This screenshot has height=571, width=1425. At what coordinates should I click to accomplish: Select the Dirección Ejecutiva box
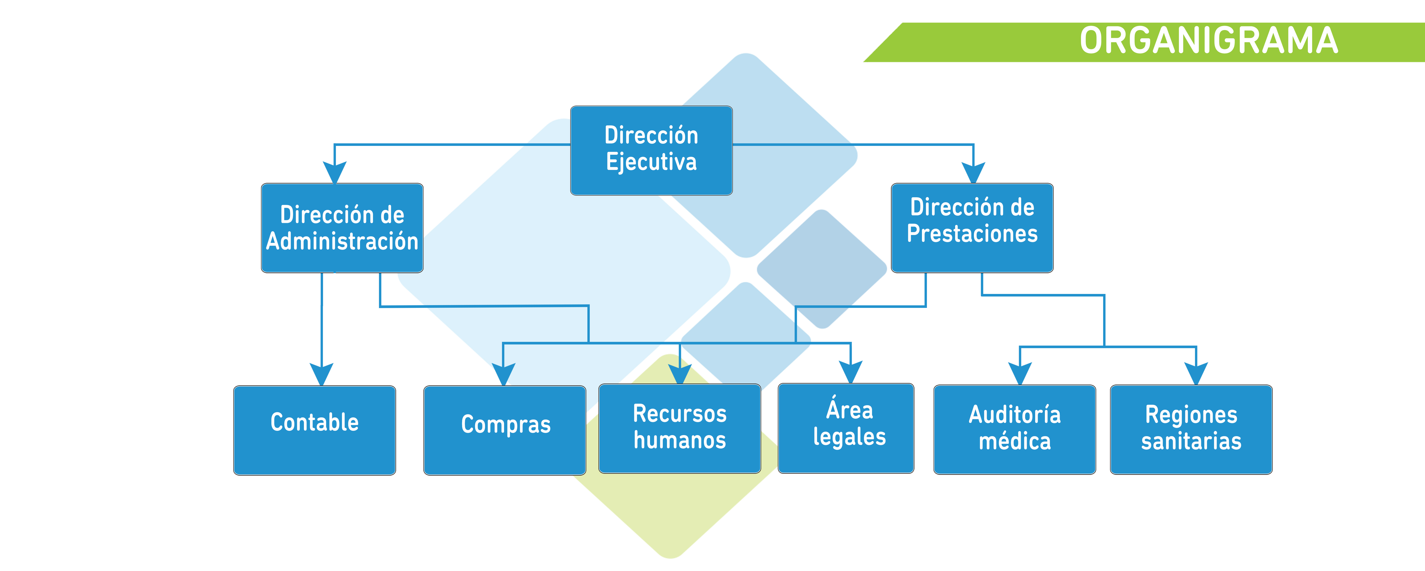point(651,150)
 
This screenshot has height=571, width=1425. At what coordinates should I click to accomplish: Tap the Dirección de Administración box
point(342,228)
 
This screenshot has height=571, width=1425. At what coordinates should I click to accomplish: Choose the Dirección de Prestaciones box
point(972,228)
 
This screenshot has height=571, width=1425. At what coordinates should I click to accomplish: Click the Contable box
point(314,430)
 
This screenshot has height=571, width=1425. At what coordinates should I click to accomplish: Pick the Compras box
point(505,430)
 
